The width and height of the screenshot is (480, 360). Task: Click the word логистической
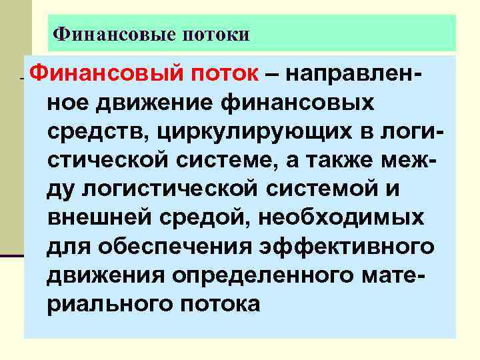168,189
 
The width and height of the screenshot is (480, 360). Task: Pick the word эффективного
349,246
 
